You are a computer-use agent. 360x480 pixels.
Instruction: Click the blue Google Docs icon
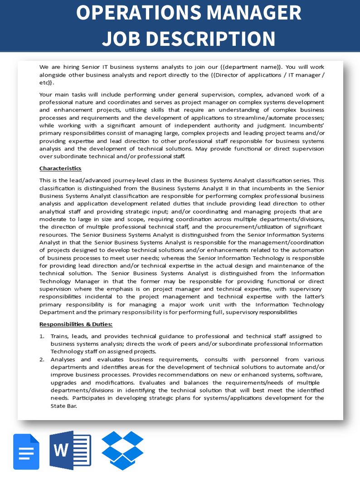click(26, 451)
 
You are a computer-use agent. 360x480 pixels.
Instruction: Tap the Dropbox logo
click(122, 450)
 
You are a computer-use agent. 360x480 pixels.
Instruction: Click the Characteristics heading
click(60, 168)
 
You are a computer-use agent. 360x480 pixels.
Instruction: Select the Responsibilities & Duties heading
click(76, 324)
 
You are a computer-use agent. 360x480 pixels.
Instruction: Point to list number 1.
click(42, 336)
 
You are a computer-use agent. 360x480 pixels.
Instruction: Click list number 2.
click(42, 359)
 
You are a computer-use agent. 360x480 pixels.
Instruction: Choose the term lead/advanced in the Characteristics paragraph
click(83, 180)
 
